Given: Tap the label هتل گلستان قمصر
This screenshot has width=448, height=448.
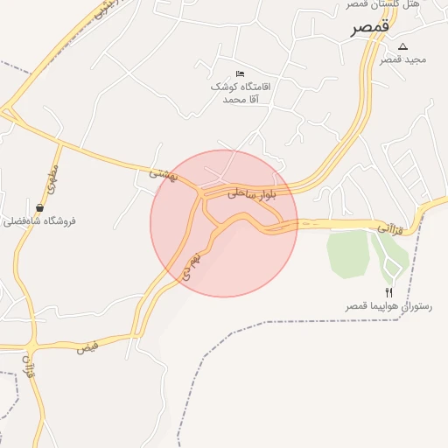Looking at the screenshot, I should click(x=408, y=4).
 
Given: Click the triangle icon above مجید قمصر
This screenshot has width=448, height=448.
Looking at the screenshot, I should click(x=402, y=46).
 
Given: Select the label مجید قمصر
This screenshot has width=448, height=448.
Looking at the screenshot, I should click(x=402, y=59).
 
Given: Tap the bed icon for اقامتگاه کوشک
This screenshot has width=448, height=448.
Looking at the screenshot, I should click(x=241, y=73).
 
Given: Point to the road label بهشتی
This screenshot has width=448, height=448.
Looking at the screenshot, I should click(x=163, y=174).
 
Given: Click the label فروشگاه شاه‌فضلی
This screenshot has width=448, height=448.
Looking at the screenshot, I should click(x=41, y=220).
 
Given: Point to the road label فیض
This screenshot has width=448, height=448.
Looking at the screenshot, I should click(x=86, y=347).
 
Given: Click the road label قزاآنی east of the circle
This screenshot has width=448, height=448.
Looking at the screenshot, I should click(x=388, y=227).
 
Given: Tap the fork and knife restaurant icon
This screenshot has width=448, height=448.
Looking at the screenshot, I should click(x=388, y=292).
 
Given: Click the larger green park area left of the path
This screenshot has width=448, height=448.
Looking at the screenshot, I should click(x=347, y=254).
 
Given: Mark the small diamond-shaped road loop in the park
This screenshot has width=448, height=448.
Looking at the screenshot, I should click(x=391, y=259).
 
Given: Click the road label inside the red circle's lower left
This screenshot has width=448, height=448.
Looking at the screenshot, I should click(x=190, y=264).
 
